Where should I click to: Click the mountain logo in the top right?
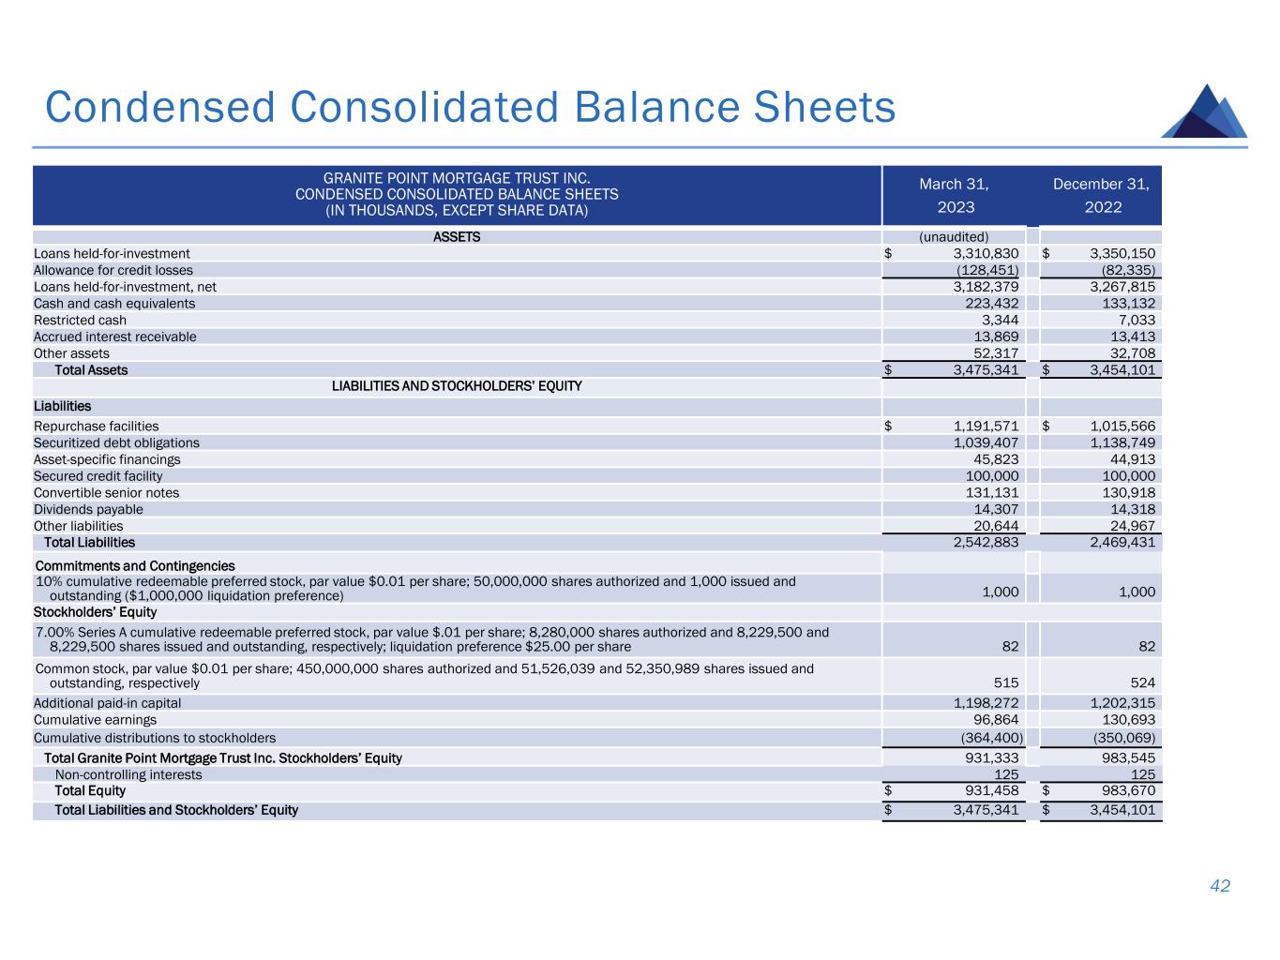1204,112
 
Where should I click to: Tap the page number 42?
1220,886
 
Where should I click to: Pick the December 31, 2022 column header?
1102,195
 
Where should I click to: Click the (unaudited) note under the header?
954,237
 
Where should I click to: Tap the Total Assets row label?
91,370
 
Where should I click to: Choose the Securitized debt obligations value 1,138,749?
1122,442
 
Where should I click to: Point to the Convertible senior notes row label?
106,493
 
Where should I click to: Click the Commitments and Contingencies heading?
134,566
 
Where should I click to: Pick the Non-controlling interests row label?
128,775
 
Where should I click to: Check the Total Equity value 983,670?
1129,791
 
